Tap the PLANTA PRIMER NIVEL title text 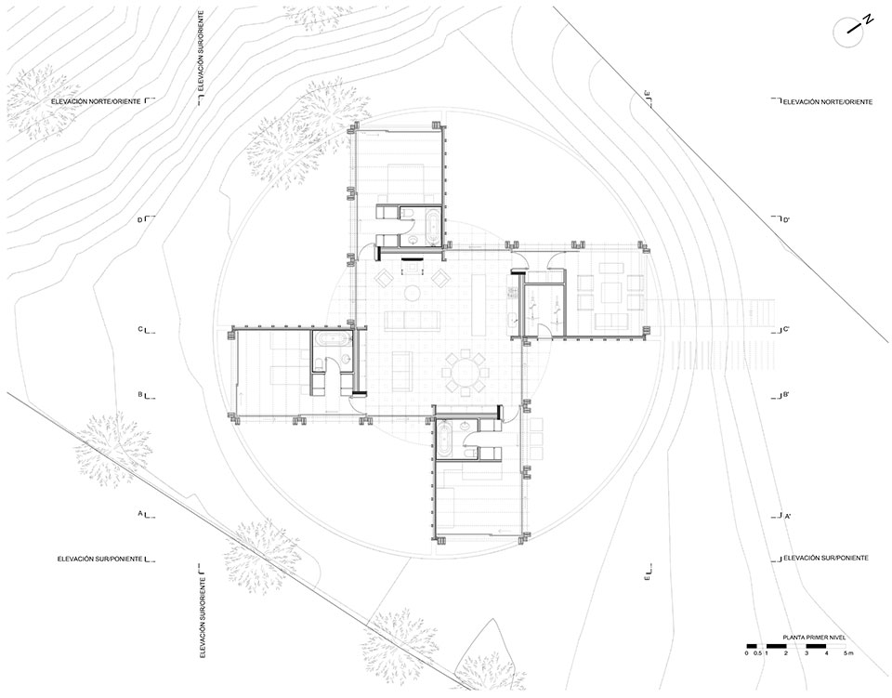point(818,638)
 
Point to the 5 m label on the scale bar point(848,653)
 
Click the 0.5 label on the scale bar point(756,653)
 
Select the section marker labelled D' point(787,219)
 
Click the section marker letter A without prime point(140,513)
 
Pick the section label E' point(648,96)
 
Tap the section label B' point(786,394)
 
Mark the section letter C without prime point(139,328)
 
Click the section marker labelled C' point(786,329)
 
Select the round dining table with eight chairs point(466,373)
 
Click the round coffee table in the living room point(412,293)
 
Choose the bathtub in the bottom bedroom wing point(444,438)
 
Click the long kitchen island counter point(479,306)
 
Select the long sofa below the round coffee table point(413,321)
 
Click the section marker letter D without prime point(139,219)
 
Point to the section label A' point(787,518)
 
